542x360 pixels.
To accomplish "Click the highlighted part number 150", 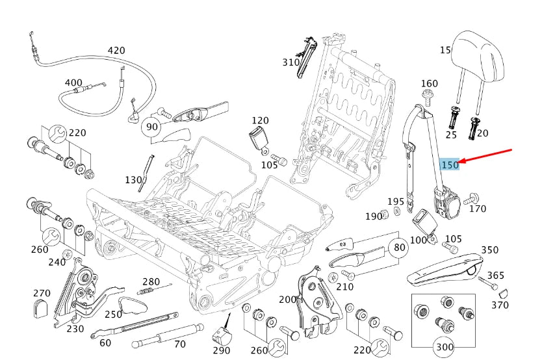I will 450,165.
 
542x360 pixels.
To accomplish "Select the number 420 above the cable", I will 116,51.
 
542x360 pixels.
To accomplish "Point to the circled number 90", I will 152,126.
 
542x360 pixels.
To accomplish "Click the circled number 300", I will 444,347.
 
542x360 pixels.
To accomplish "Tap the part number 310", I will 290,62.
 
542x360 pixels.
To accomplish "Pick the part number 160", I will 429,83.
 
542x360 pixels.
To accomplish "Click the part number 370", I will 500,305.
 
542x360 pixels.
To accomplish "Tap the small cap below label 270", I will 42,309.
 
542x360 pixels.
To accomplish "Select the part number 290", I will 222,351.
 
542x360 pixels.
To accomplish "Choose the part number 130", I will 133,179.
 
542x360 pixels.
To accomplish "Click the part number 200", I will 287,300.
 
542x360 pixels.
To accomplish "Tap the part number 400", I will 73,83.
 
